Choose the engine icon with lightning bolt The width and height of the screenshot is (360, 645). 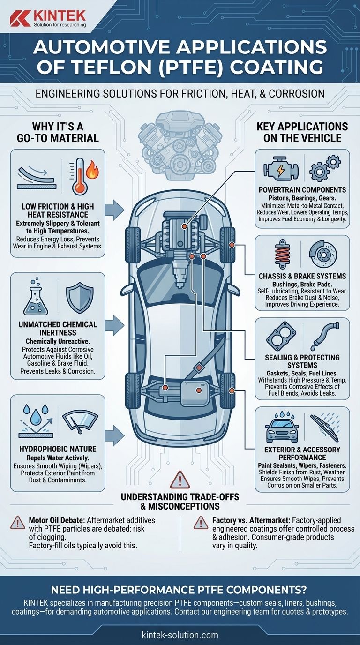point(281,170)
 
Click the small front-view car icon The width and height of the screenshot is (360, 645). point(281,427)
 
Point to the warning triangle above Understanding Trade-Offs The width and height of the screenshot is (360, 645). point(180,480)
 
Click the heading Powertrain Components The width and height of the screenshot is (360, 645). point(302,190)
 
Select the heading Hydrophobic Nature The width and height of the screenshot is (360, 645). point(58,449)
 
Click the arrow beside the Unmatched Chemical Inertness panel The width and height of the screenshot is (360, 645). point(115,325)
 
